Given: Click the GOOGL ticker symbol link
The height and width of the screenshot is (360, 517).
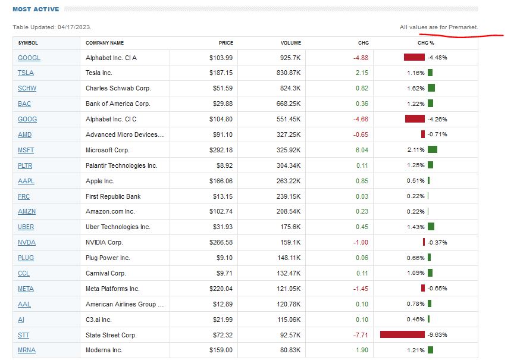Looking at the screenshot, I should pyautogui.click(x=29, y=58).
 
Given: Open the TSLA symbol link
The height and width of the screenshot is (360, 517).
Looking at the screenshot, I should pyautogui.click(x=26, y=73).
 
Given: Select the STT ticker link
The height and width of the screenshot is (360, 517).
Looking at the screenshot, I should pyautogui.click(x=24, y=335).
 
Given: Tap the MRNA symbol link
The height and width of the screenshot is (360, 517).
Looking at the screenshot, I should pyautogui.click(x=27, y=350).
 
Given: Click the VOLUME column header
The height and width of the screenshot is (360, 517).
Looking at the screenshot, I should pyautogui.click(x=291, y=43).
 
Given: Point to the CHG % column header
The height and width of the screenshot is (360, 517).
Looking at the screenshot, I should pyautogui.click(x=426, y=43).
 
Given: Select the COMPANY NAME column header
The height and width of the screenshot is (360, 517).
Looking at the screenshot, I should pyautogui.click(x=105, y=43).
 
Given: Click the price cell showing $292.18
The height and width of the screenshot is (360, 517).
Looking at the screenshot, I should pyautogui.click(x=221, y=150).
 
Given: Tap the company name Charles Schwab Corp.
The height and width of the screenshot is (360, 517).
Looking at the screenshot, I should pyautogui.click(x=118, y=88).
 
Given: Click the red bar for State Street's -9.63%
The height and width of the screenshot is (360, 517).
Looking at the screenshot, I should pyautogui.click(x=402, y=334).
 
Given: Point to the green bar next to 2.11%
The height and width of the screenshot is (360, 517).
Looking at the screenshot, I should pyautogui.click(x=432, y=149).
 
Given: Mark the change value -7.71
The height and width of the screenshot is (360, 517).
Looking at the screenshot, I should pyautogui.click(x=361, y=335).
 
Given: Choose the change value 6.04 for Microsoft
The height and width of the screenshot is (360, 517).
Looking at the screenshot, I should pyautogui.click(x=362, y=150).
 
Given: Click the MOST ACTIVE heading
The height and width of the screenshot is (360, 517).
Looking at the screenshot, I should pyautogui.click(x=36, y=10).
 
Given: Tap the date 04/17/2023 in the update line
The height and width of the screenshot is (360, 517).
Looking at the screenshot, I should pyautogui.click(x=74, y=27).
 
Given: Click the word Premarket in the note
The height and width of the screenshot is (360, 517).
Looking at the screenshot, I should pyautogui.click(x=463, y=27).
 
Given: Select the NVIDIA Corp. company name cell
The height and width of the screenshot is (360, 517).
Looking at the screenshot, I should pyautogui.click(x=104, y=242).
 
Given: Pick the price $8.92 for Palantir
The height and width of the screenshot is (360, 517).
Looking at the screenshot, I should pyautogui.click(x=223, y=165).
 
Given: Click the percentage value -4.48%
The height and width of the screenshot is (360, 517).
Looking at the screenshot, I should pyautogui.click(x=437, y=58).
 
